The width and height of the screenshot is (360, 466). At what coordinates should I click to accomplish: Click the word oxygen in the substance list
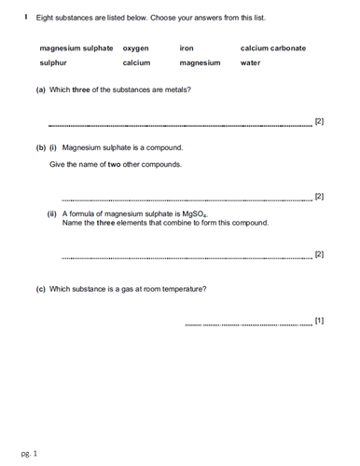click(x=136, y=48)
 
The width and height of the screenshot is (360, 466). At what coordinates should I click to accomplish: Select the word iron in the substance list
click(x=187, y=48)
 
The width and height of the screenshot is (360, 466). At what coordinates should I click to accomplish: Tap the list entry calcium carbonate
click(x=272, y=48)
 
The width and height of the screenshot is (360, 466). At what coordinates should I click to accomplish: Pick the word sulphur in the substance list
click(x=53, y=63)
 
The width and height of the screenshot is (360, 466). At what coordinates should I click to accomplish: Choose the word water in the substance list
click(x=250, y=63)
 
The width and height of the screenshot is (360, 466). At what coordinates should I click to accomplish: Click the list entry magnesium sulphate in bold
click(x=76, y=48)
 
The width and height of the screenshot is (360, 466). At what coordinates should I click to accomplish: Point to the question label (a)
click(x=40, y=89)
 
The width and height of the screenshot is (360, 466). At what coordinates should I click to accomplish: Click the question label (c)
click(x=40, y=289)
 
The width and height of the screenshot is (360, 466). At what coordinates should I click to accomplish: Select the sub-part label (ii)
click(x=52, y=213)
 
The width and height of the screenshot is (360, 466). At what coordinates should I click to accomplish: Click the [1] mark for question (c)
click(x=319, y=321)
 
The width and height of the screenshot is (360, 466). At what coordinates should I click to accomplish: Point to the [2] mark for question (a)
click(x=319, y=122)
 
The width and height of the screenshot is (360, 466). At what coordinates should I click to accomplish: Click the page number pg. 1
click(x=29, y=454)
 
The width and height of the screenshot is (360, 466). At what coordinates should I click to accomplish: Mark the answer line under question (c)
click(x=250, y=325)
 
